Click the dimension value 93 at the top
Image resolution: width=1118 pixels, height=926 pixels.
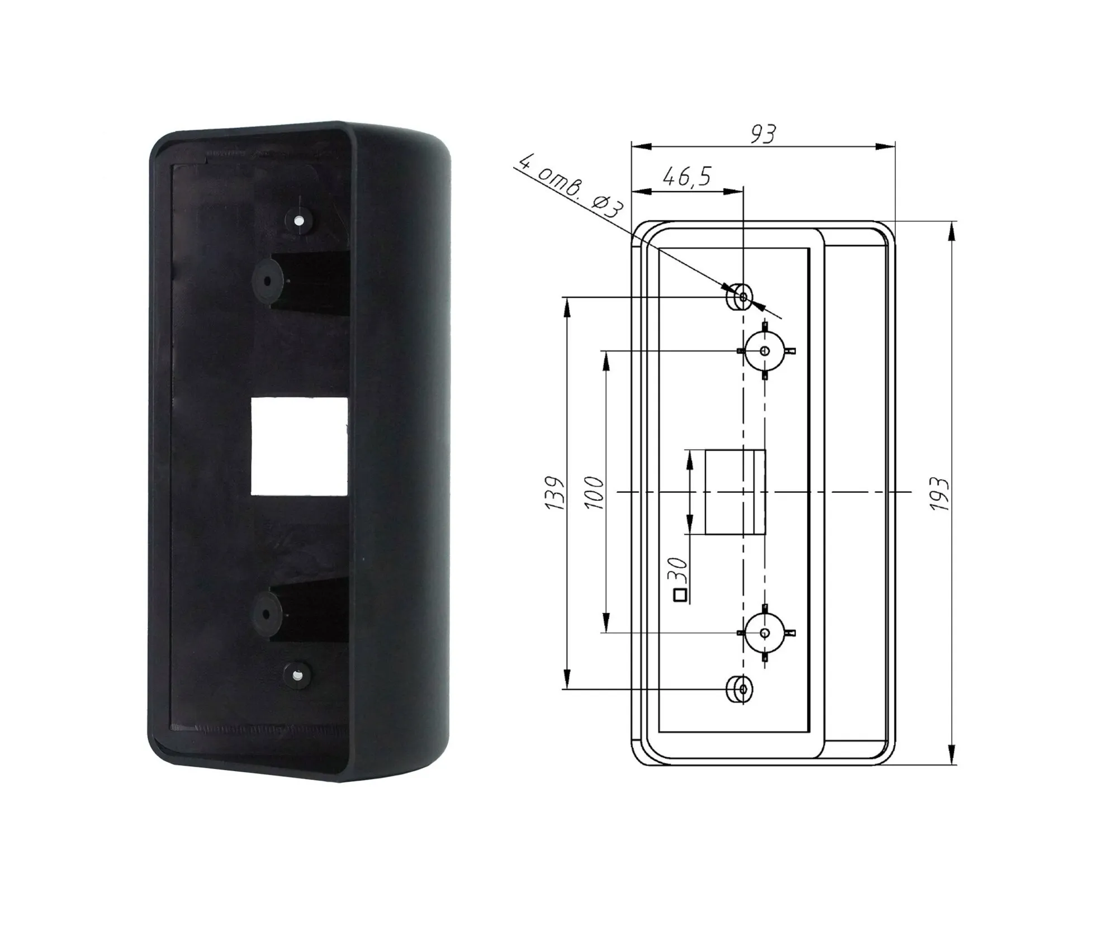pos(763,134)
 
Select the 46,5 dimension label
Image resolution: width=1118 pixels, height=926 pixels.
pos(687,177)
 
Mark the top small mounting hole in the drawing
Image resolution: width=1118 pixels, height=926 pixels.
pos(742,297)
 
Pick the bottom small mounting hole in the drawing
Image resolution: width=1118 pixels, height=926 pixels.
pos(742,689)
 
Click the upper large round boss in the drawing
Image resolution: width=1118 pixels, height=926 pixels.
pos(765,351)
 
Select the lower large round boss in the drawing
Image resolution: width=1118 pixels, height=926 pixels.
pos(765,633)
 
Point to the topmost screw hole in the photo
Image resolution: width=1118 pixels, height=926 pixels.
pos(299,221)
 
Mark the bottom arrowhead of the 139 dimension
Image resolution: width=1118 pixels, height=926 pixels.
pos(568,681)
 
